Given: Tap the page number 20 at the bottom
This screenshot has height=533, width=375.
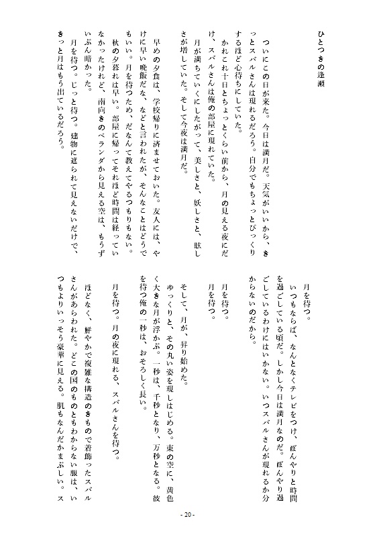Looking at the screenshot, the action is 188,515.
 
